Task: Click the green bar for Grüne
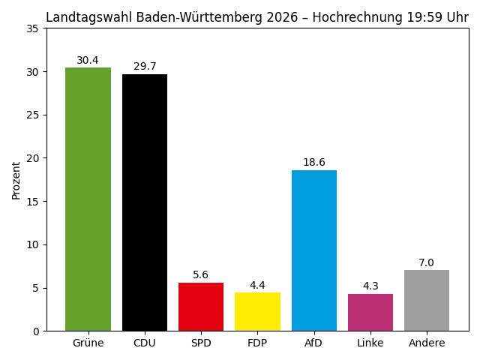(x=88, y=199)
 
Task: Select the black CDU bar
(x=145, y=202)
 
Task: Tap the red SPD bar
(x=201, y=307)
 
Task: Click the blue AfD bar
(x=314, y=250)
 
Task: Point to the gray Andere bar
(x=427, y=300)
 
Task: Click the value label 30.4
(x=88, y=61)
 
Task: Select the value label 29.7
(x=145, y=67)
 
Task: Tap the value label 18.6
(x=314, y=163)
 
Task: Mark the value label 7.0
(x=427, y=263)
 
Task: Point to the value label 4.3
(x=370, y=286)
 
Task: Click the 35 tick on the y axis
(x=34, y=28)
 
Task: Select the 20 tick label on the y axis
(x=34, y=158)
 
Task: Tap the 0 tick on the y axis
(x=37, y=331)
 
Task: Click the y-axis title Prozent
(x=16, y=180)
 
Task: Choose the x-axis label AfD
(x=314, y=343)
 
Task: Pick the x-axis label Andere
(x=427, y=343)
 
